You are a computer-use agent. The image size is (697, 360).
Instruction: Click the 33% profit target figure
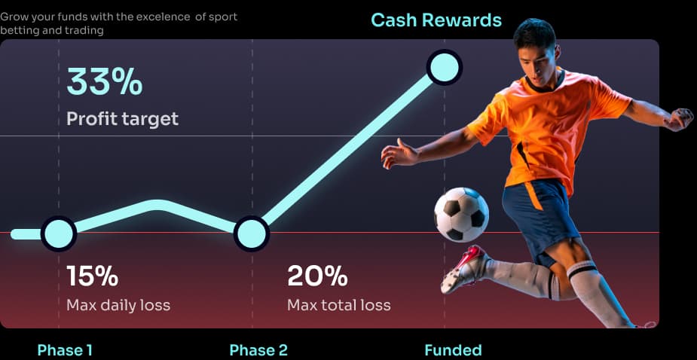tap(105, 81)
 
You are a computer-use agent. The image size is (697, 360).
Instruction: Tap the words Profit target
tap(122, 119)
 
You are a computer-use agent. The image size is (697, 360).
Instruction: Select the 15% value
tap(93, 276)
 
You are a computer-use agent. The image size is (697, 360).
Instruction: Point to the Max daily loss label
tap(118, 305)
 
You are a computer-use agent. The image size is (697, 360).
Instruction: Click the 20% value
tap(317, 276)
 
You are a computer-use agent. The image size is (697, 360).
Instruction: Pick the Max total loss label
tap(339, 305)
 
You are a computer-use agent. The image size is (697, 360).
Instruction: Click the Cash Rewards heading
tap(436, 20)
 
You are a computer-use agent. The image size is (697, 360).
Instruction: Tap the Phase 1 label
tap(65, 350)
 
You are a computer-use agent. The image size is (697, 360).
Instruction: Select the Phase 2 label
tap(258, 350)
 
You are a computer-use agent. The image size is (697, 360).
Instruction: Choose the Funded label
tap(453, 350)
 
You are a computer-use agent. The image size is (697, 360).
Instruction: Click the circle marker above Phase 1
tap(59, 233)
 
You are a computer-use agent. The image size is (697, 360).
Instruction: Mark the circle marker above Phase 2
tap(252, 233)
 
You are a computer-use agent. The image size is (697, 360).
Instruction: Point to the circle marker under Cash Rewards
tap(445, 67)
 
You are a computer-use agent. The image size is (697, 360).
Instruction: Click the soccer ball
tap(461, 214)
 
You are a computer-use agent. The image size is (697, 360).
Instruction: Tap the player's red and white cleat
tap(463, 268)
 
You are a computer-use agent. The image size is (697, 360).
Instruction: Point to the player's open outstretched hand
tap(399, 154)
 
